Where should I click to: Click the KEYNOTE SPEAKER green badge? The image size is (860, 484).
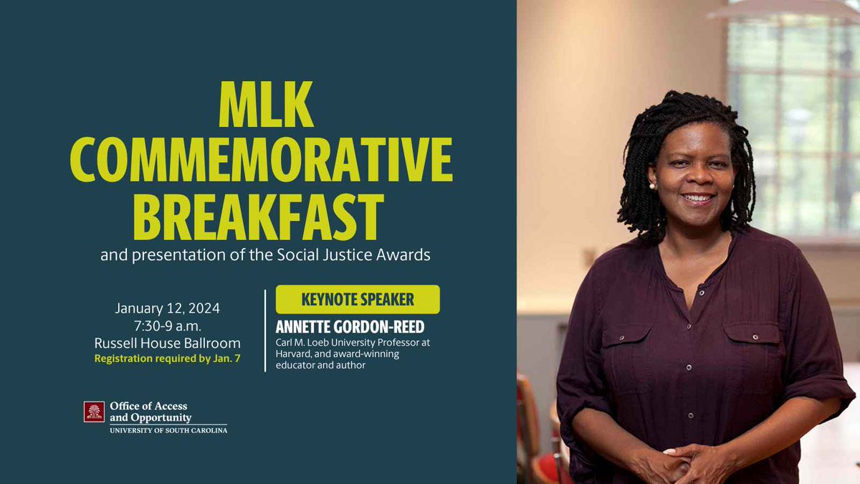[x=358, y=299]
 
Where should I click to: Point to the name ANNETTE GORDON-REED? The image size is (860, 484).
[x=350, y=327]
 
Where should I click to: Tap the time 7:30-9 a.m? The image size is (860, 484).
[x=168, y=326]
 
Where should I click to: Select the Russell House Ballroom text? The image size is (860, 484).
[x=168, y=343]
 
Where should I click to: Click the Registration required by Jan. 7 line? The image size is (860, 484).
[x=168, y=359]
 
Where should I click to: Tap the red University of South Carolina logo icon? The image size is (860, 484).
[x=94, y=412]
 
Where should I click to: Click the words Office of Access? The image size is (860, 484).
[x=148, y=406]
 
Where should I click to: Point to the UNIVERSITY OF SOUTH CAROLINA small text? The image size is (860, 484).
[x=168, y=430]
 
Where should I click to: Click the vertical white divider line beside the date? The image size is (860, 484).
[x=265, y=330]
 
